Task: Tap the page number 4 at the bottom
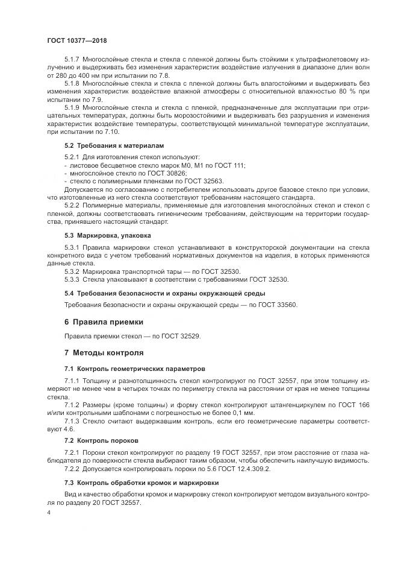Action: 49,512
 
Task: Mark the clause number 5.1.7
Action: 74,61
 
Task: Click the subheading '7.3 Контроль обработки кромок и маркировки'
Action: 141,483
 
